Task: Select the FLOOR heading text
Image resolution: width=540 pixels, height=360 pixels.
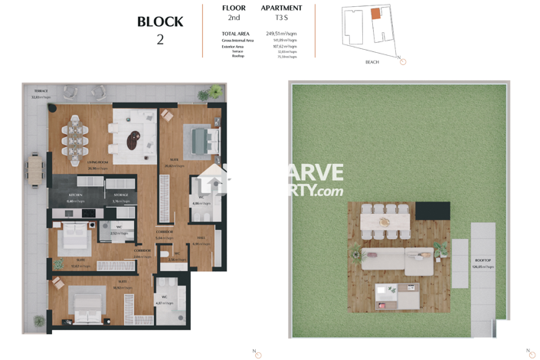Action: [x=234, y=8]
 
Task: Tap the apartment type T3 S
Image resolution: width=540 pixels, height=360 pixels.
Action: [x=281, y=18]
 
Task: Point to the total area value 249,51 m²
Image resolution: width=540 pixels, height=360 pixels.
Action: [x=281, y=34]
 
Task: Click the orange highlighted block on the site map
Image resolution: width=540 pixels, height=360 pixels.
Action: [x=375, y=14]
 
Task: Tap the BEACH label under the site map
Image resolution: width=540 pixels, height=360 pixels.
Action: [x=371, y=62]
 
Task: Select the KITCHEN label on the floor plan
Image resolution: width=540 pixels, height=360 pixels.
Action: [x=75, y=195]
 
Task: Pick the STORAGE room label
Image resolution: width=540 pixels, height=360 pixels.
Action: [x=121, y=195]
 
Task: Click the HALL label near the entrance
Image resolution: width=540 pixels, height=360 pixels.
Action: [x=201, y=238]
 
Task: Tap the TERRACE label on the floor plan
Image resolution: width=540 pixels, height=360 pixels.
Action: [x=40, y=91]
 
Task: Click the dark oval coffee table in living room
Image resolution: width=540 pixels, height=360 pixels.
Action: [x=133, y=139]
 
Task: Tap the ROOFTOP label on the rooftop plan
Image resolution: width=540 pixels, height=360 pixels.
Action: [x=483, y=260]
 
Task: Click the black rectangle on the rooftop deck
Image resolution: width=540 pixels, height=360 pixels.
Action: [x=432, y=211]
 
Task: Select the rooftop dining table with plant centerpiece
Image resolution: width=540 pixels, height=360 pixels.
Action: [x=385, y=222]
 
